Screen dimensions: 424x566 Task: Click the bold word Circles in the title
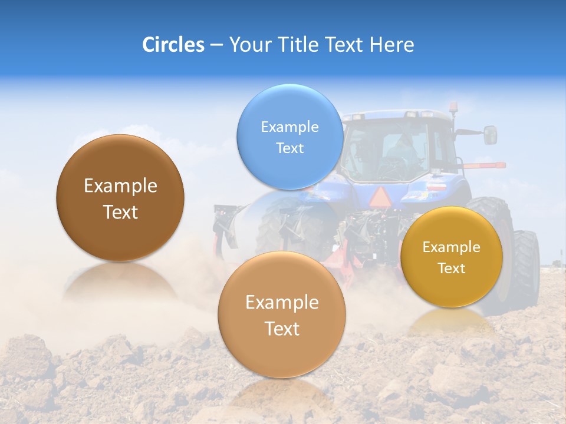(173, 45)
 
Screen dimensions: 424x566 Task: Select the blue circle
(289, 137)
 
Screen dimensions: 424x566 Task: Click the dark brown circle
(120, 198)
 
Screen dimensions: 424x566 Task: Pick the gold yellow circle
(451, 257)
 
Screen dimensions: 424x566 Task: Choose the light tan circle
(282, 314)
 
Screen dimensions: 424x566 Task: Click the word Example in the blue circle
(289, 127)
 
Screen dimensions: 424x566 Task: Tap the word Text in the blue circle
(289, 148)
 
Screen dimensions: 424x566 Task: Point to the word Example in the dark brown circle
(120, 186)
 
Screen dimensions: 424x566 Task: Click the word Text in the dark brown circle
(120, 212)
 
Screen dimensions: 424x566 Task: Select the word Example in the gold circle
(451, 247)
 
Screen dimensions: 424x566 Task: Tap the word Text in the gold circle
(451, 269)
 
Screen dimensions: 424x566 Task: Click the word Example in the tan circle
(282, 303)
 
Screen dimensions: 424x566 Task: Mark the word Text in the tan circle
(282, 329)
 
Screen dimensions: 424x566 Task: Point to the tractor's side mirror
(490, 135)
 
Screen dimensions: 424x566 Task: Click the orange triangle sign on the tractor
(379, 196)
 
